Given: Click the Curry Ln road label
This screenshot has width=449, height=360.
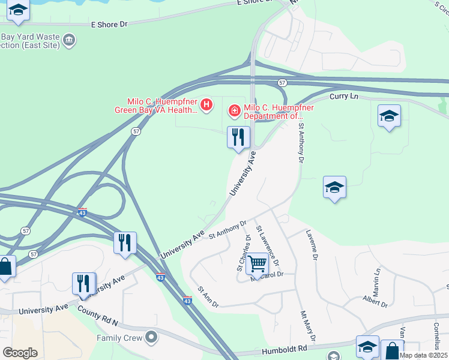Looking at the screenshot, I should (343, 95).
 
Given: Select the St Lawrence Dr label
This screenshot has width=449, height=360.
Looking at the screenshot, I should (268, 246).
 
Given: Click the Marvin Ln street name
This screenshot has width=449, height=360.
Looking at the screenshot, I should (377, 279).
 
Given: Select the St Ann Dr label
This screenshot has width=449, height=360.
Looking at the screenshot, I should (208, 297).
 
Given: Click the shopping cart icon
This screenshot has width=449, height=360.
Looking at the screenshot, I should (257, 263).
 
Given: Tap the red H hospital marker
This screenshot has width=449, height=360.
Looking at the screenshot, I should (206, 106).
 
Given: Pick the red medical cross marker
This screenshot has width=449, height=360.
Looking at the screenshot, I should (234, 110).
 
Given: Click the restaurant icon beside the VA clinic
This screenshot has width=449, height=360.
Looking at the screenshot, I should (238, 137).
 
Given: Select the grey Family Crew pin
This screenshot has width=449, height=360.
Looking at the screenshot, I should (151, 337).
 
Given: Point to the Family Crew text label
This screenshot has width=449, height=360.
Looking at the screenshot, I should (120, 338).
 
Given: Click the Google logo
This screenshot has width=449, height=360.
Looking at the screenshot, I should (20, 353).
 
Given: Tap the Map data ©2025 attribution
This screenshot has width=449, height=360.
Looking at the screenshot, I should (423, 355).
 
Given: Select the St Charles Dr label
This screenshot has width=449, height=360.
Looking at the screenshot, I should (243, 256).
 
